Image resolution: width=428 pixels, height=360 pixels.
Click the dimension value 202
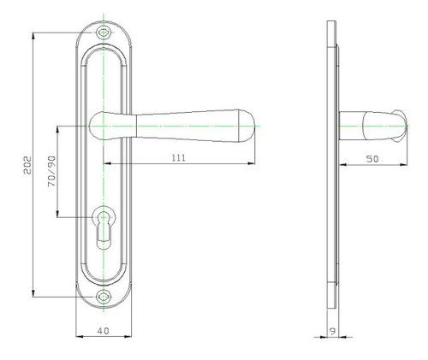click(x=27, y=165)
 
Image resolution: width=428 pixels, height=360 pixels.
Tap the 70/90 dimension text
click(x=52, y=171)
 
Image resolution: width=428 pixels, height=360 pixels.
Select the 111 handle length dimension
click(x=179, y=157)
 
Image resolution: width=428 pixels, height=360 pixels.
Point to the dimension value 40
click(x=104, y=331)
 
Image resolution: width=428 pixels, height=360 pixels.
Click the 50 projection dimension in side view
click(x=372, y=159)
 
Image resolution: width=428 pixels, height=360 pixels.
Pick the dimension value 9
click(x=332, y=331)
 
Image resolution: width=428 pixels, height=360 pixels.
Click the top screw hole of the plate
click(x=104, y=32)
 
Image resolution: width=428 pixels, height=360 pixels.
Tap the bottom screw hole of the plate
click(x=104, y=297)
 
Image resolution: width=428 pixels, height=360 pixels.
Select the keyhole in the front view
click(x=104, y=227)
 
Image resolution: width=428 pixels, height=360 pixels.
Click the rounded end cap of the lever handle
click(x=247, y=126)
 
